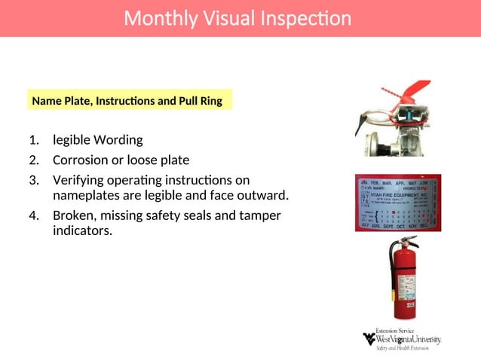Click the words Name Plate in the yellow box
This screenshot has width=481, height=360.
[59, 100]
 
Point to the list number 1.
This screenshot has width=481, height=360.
[33, 140]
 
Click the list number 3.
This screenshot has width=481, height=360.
[33, 181]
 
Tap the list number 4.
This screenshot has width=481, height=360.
[33, 215]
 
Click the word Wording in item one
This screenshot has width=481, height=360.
[118, 140]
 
